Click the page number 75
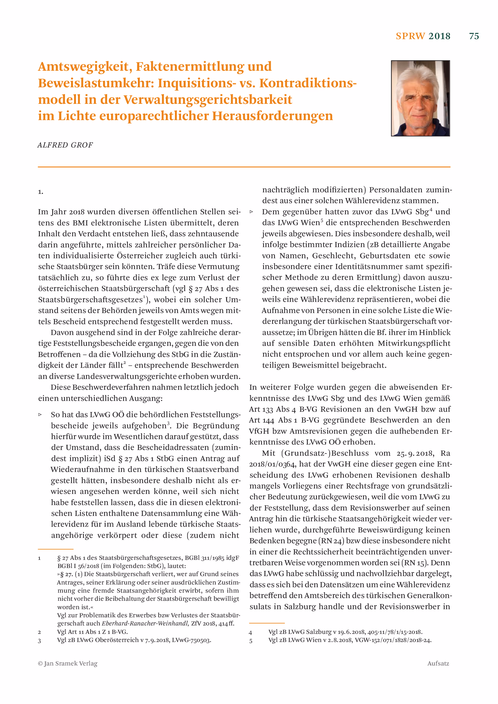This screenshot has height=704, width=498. pos(474,36)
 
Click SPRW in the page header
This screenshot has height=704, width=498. pos(410,36)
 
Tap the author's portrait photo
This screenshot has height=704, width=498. pos(420,98)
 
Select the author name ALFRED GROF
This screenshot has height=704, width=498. pos(65,145)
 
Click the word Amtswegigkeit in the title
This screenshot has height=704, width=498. pos(85,67)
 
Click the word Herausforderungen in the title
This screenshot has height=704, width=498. pos(272,116)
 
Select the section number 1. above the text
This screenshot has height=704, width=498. pos(40,192)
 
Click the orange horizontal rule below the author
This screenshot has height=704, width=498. pos(244,167)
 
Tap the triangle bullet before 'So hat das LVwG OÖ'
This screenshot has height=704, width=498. pos(40,414)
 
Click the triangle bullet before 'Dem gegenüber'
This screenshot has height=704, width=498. pos(251,212)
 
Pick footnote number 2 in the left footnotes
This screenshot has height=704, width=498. pos(39,632)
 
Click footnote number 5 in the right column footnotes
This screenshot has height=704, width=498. pos(251,641)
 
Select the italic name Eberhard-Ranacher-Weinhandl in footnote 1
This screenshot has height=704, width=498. pos(145,623)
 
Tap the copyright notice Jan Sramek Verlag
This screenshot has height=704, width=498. pos(68,664)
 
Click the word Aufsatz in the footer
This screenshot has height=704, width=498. pos(438,664)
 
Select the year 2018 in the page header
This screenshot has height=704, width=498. pos(439,36)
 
